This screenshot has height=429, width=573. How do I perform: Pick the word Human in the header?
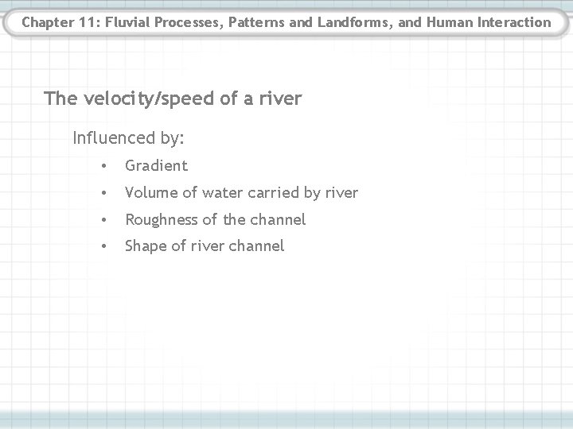(450, 22)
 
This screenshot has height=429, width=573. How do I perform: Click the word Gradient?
(157, 166)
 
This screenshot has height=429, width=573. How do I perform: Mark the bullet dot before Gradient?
(104, 167)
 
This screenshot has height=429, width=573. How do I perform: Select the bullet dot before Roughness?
(104, 220)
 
